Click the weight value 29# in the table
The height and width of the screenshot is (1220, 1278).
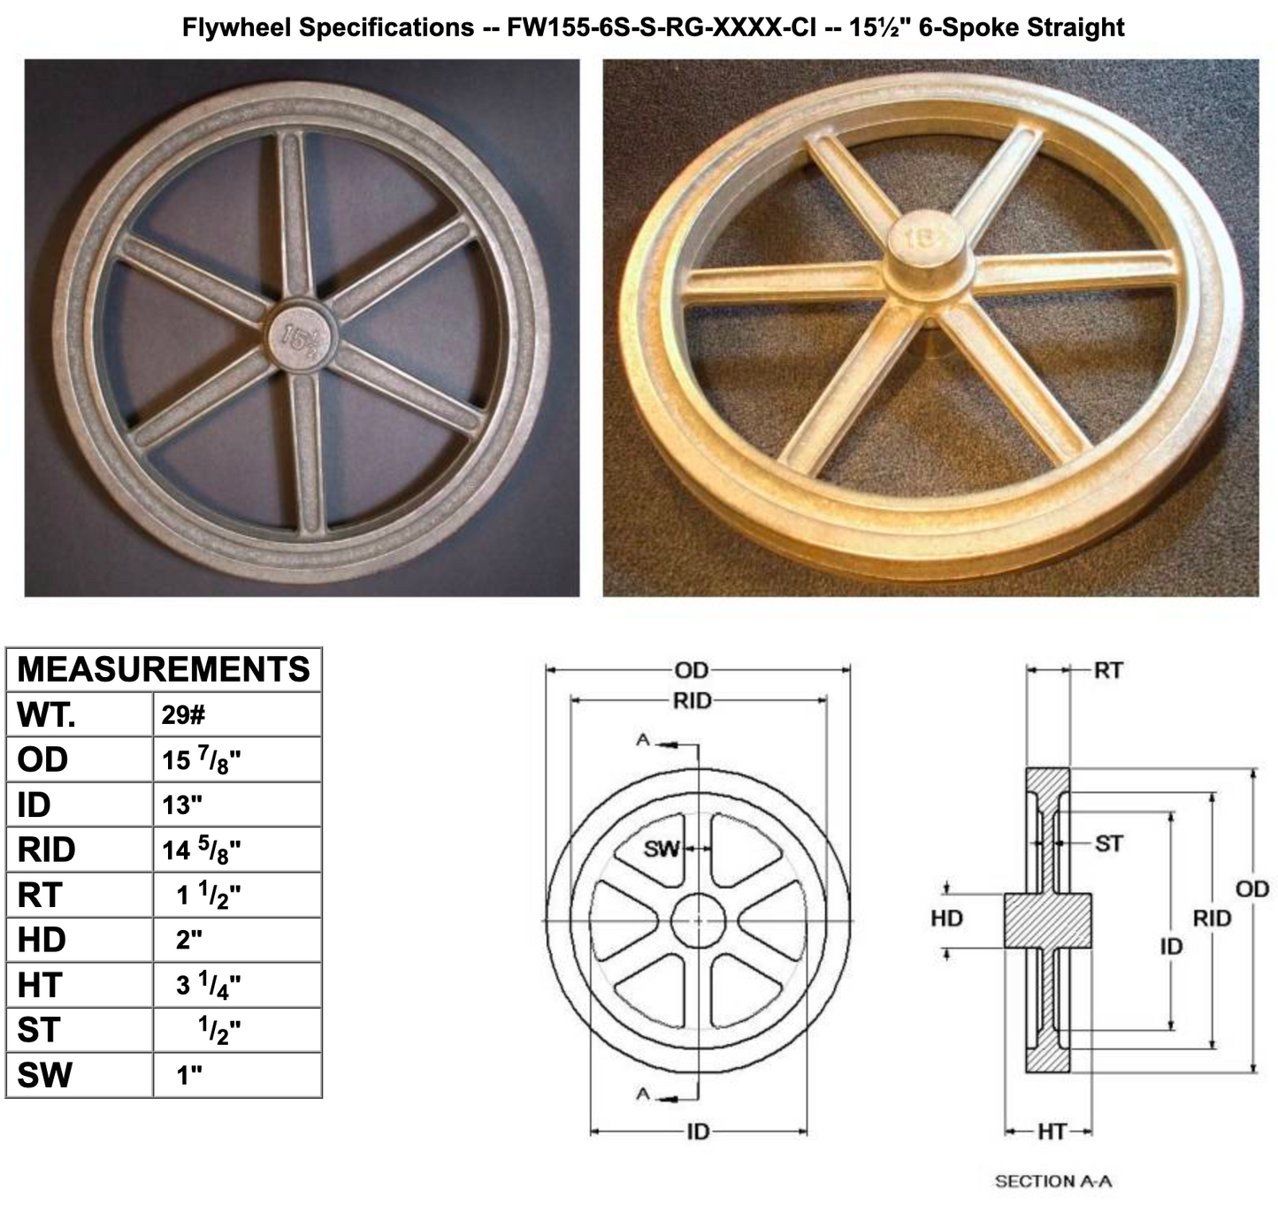(184, 714)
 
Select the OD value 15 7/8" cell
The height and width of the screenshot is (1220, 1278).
(202, 760)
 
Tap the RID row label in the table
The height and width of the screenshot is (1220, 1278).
(46, 850)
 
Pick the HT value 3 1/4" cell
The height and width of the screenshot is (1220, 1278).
(209, 985)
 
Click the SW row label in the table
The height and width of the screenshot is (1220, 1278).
(44, 1076)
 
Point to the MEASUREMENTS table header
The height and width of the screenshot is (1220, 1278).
(164, 669)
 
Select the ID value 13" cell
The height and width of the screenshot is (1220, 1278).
(182, 805)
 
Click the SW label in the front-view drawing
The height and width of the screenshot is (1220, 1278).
(662, 850)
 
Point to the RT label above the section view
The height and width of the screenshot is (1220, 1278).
(1108, 670)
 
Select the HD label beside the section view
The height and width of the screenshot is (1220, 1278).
(946, 919)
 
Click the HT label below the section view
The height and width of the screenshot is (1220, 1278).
(1052, 1132)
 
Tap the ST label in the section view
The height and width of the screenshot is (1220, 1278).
(1109, 844)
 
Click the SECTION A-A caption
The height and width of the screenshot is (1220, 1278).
(1052, 1181)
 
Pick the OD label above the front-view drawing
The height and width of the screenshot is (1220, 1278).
(692, 671)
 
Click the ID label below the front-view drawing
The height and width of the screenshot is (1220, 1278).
(699, 1132)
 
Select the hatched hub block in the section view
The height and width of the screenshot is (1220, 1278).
(1047, 920)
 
